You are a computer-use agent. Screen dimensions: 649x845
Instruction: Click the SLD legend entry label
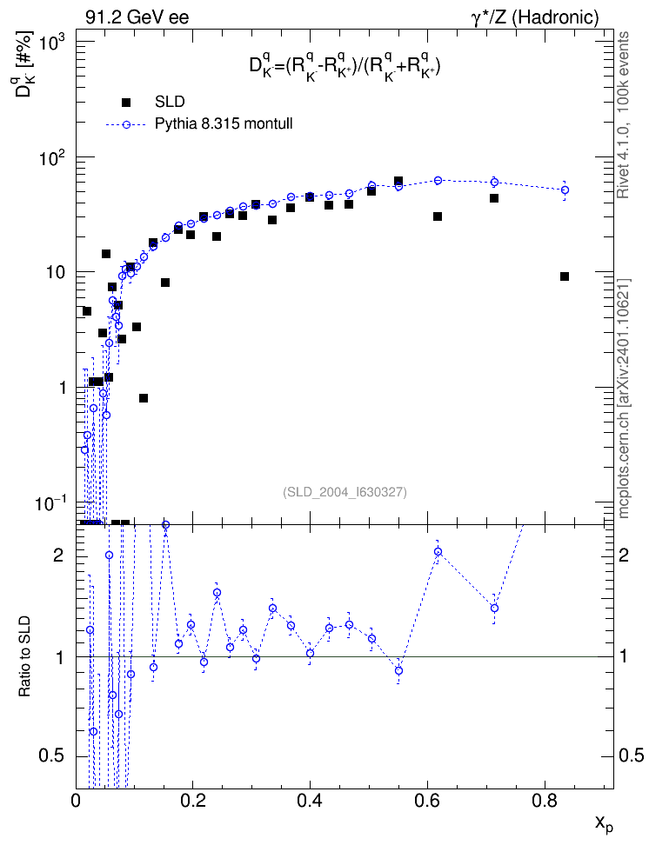(170, 102)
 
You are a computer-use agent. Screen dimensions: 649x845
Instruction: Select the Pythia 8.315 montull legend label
(224, 124)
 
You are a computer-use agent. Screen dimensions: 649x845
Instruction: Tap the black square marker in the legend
(126, 103)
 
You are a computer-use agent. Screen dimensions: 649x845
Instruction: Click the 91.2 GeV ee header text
(137, 17)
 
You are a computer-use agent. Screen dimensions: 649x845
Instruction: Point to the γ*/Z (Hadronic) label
(535, 17)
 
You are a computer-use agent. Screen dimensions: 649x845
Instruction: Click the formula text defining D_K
(345, 67)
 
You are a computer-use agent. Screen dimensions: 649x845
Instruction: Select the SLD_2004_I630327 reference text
(345, 492)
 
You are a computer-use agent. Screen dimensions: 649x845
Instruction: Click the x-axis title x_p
(604, 823)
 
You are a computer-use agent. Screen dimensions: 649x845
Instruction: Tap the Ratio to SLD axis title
(25, 655)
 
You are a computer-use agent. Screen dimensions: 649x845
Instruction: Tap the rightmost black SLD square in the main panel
(565, 276)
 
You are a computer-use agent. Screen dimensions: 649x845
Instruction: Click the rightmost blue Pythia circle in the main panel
(565, 190)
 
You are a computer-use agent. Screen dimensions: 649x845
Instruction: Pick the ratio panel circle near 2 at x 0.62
(438, 552)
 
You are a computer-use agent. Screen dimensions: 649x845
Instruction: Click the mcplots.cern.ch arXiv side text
(624, 399)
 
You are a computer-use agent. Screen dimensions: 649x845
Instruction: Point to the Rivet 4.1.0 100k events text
(624, 116)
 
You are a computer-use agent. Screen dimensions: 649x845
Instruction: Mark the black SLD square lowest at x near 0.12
(144, 398)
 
